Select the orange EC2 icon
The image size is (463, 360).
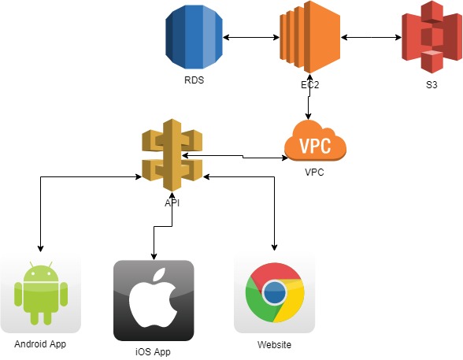pos(308,36)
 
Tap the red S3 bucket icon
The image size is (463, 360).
pos(431,36)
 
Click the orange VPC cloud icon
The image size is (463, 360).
pos(314,142)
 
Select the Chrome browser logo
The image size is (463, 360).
pos(275,294)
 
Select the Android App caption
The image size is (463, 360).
pos(40,345)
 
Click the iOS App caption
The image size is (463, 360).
pos(153,352)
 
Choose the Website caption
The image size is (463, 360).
pos(275,345)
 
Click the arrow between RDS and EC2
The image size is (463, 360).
pos(250,37)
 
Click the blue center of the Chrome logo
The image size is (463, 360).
pos(275,293)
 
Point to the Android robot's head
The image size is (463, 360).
pos(40,273)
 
